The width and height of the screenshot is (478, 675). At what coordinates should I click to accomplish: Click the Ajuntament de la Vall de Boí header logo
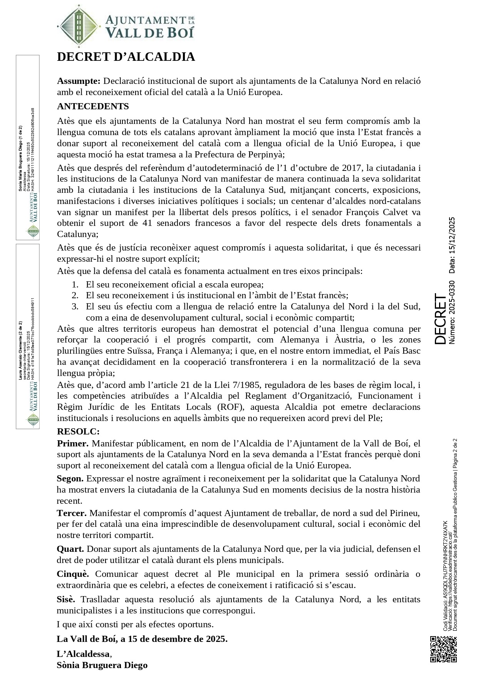pyautogui.click(x=125, y=26)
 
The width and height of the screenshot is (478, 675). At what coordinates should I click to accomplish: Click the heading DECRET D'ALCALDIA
pyautogui.click(x=126, y=57)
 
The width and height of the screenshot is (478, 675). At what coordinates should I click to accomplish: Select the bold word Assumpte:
pyautogui.click(x=79, y=81)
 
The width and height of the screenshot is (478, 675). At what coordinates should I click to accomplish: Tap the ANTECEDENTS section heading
pyautogui.click(x=93, y=106)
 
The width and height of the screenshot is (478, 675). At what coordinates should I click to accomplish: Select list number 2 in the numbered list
pyautogui.click(x=75, y=296)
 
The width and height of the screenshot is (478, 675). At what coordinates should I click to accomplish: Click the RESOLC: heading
pyautogui.click(x=78, y=431)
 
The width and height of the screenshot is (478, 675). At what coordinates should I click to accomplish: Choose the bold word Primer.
pyautogui.click(x=73, y=443)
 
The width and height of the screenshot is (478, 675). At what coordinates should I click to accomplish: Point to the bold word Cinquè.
pyautogui.click(x=73, y=574)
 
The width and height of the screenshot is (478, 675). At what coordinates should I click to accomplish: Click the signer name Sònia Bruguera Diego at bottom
pyautogui.click(x=102, y=665)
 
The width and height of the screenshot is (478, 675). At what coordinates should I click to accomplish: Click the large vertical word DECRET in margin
pyautogui.click(x=440, y=319)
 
